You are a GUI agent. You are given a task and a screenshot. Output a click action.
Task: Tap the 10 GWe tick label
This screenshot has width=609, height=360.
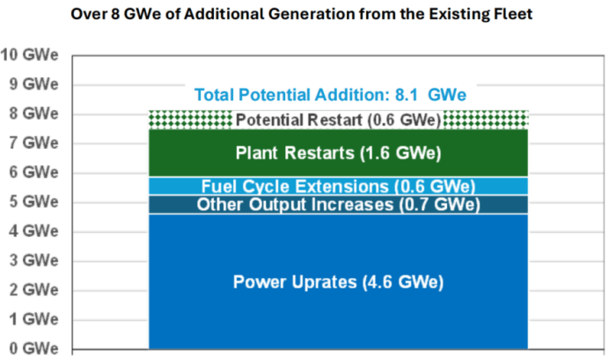click(x=28, y=55)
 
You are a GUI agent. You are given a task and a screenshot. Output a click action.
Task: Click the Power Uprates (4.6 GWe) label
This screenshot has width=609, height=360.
click(x=338, y=283)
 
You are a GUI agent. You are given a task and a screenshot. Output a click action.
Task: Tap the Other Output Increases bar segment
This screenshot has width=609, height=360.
click(x=338, y=205)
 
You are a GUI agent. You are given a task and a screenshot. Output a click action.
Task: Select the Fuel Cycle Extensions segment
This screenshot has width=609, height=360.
click(x=338, y=186)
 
